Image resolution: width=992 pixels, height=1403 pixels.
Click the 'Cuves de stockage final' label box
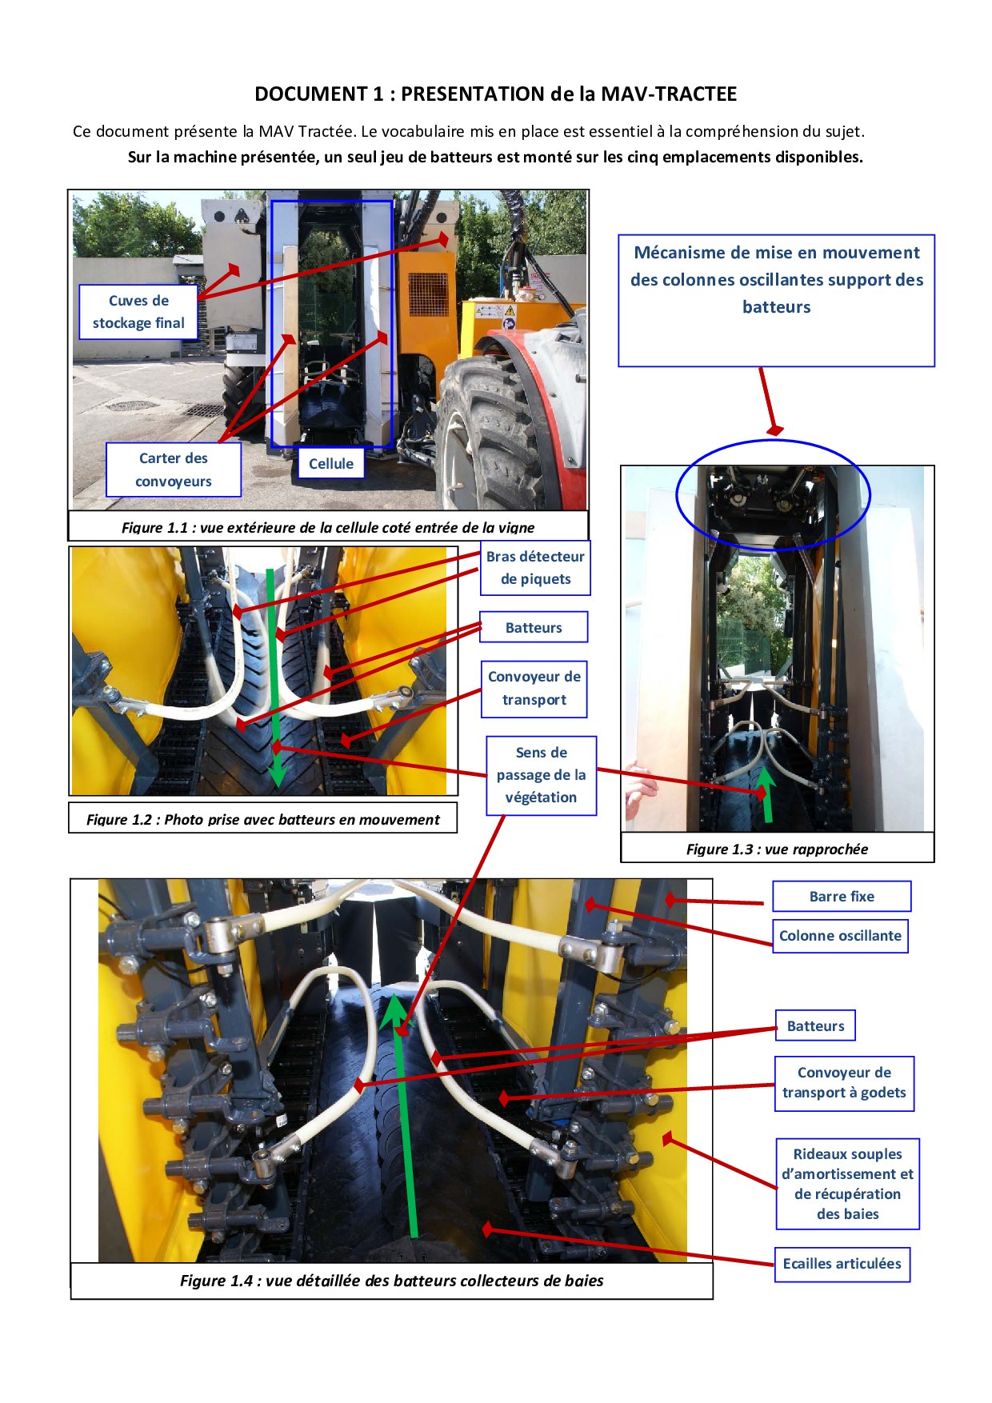click(x=138, y=312)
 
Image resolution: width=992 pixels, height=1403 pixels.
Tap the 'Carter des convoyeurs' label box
click(x=174, y=470)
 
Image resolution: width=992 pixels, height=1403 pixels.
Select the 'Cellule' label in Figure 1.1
click(x=331, y=463)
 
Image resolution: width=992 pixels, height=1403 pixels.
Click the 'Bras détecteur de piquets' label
click(x=535, y=568)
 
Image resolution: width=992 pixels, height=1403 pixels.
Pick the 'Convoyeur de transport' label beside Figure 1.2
click(x=534, y=689)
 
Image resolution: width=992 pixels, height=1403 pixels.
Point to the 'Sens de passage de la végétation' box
click(x=542, y=775)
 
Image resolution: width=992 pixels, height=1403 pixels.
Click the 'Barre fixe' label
click(x=842, y=897)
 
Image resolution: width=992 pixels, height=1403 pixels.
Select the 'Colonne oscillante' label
click(x=840, y=936)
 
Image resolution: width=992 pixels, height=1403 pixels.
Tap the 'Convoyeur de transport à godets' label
click(x=844, y=1083)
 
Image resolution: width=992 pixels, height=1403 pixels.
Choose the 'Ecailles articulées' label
click(x=842, y=1264)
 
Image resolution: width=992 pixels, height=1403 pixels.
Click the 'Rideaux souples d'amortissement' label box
click(x=847, y=1184)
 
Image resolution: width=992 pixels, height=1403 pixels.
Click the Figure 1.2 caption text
click(x=262, y=819)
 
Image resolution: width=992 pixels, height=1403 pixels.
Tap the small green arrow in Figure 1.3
click(x=766, y=793)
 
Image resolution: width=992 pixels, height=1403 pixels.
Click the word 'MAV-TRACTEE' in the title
click(x=669, y=94)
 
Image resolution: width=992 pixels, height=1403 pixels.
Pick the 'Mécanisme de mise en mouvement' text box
click(x=776, y=301)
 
